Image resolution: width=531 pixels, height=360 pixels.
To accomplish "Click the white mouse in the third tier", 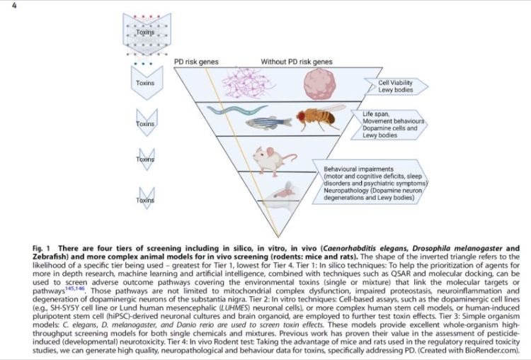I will pyautogui.click(x=273, y=159).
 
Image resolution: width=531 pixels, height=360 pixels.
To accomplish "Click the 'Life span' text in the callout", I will pyautogui.click(x=375, y=113).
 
